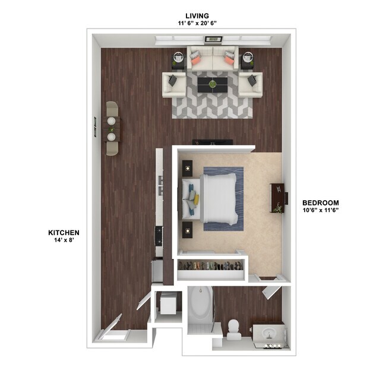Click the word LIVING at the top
click(197, 15)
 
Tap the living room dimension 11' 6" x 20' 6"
click(197, 23)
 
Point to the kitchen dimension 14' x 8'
click(64, 241)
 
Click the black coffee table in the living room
click(212, 84)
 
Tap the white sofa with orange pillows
click(212, 59)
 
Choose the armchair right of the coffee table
click(251, 84)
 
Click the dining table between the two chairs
click(112, 128)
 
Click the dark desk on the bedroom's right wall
click(277, 197)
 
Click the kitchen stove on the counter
click(159, 236)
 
